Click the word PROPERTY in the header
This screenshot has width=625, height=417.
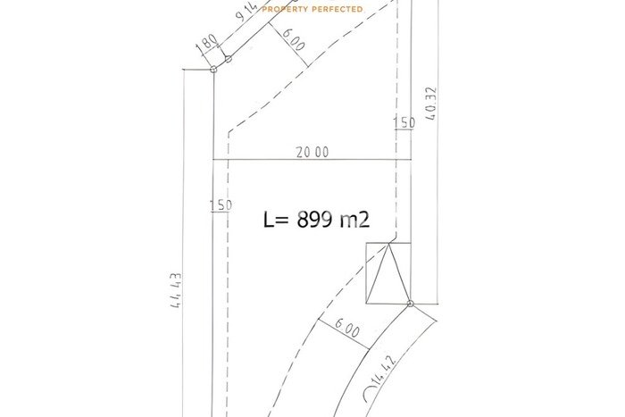tap(285, 9)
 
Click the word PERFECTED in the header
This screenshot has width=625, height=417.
tap(337, 9)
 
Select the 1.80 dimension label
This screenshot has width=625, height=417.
tap(207, 45)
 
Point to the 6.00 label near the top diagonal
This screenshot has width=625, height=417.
tap(294, 38)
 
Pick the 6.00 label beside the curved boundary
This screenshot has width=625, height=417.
tap(346, 328)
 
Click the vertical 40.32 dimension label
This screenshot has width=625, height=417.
tap(431, 104)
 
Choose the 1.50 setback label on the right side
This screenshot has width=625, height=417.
tap(404, 123)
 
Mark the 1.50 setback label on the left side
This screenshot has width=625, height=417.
tap(221, 205)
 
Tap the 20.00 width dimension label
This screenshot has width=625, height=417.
tap(312, 152)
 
